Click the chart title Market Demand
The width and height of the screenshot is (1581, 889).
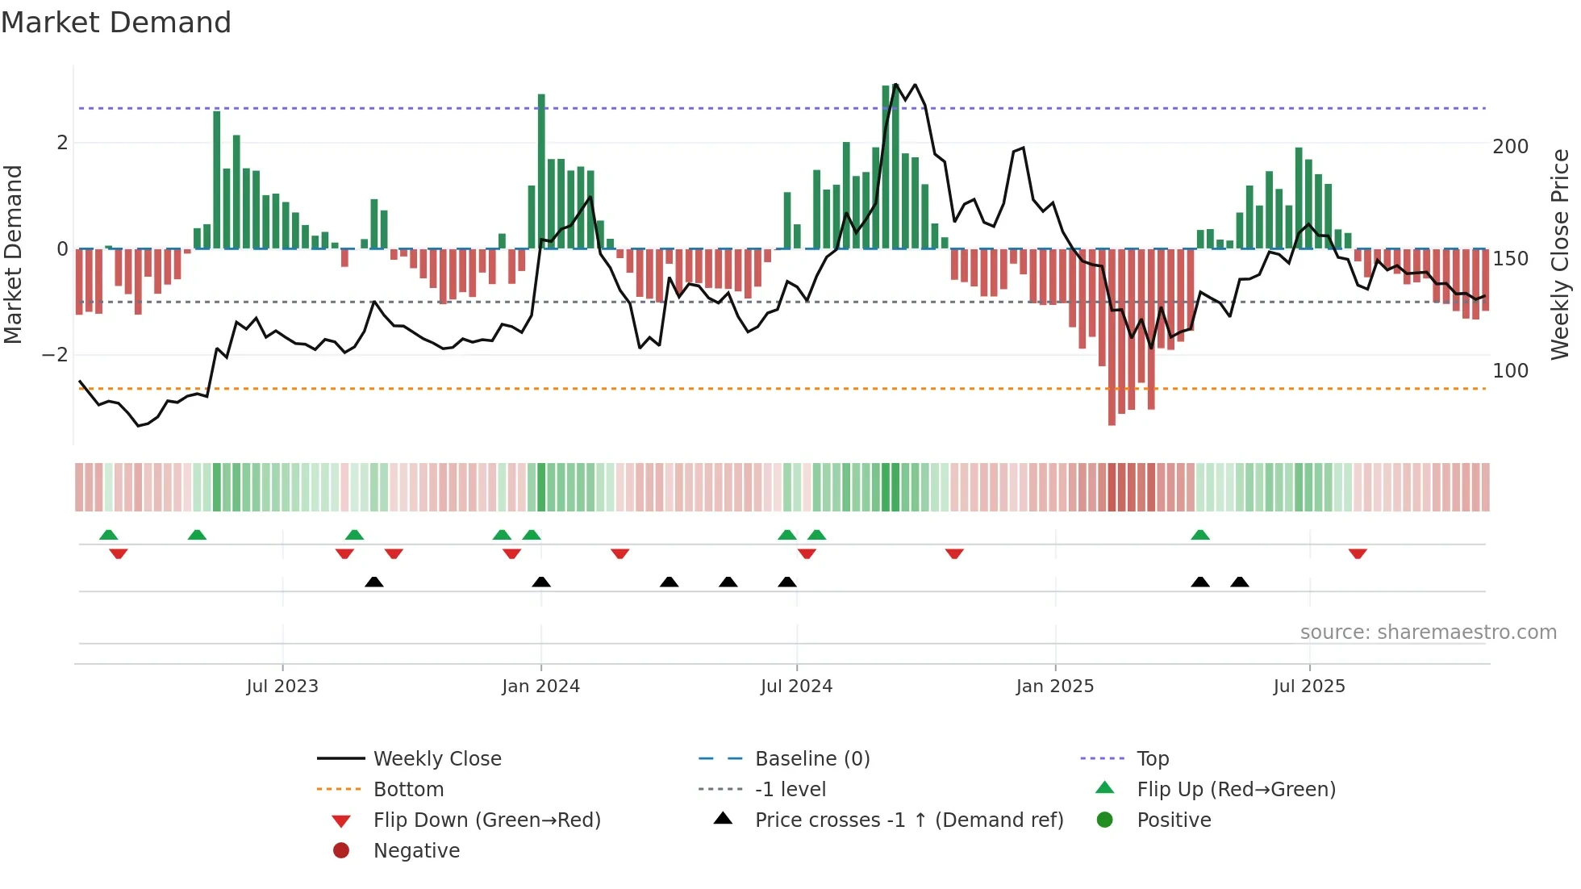coord(116,23)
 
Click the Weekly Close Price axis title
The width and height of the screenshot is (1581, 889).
coord(1560,254)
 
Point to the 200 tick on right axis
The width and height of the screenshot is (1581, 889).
coord(1510,147)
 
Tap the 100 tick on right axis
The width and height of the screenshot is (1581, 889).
coord(1510,371)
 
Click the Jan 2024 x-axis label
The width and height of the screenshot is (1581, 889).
coord(540,687)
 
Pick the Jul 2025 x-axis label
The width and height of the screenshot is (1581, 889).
coord(1309,687)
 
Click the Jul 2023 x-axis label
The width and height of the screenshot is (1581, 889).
coord(282,687)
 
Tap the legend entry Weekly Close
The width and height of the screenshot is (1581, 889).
coord(436,759)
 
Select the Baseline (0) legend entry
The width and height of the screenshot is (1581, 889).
coord(811,759)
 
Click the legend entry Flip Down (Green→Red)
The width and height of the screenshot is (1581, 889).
coord(486,820)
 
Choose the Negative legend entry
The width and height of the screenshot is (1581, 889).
coord(416,851)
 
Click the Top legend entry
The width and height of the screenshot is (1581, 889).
coord(1153,759)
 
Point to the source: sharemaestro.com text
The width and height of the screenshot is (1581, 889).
coord(1428,632)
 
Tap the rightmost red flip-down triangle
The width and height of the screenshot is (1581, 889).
coord(1358,554)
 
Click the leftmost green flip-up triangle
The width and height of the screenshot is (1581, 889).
coord(108,534)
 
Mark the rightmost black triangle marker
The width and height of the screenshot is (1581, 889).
coord(1240,582)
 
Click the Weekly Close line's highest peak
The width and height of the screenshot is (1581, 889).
coord(896,85)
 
